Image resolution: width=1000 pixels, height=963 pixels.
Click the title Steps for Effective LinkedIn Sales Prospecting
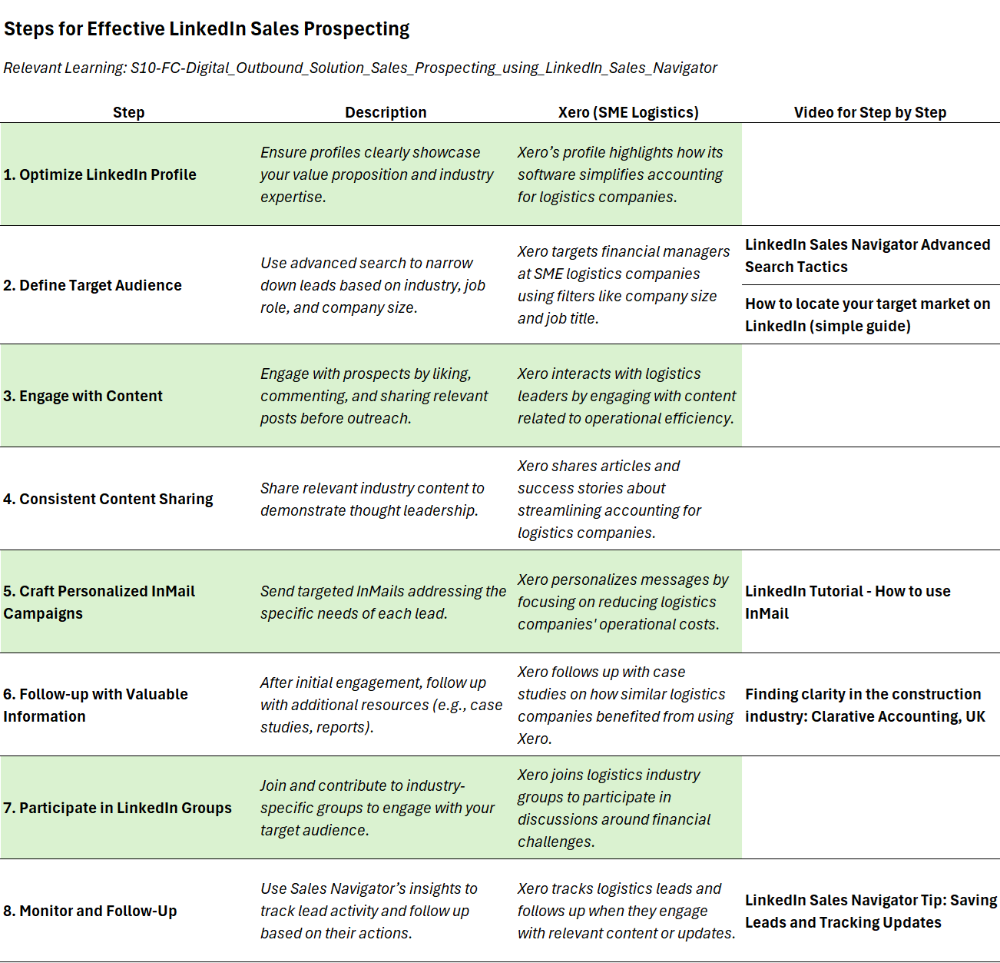coord(207,29)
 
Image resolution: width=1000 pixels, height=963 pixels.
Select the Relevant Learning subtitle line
coord(360,68)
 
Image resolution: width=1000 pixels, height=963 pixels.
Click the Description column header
coord(386,112)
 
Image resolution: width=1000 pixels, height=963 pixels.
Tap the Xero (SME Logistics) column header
coord(628,112)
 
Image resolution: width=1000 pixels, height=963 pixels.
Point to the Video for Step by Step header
coord(869,112)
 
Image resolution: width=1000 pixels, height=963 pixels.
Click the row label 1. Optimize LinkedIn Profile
coord(100,174)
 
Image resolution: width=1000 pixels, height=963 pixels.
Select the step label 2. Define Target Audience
coord(92,285)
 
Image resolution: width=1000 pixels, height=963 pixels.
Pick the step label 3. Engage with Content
coord(83,396)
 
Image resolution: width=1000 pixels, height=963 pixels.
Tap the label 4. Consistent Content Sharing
coord(108,499)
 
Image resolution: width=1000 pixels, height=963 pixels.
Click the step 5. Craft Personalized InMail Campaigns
coord(99,602)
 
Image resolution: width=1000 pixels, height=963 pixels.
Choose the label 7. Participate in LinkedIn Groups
coord(118,808)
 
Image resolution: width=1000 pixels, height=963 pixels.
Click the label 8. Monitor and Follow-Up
coord(90,911)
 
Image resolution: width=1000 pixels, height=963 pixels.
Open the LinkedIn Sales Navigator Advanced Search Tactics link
coord(867,255)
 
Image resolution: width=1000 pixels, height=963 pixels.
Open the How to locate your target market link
coord(867,314)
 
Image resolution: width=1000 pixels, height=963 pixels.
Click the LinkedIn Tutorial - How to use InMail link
coord(847,602)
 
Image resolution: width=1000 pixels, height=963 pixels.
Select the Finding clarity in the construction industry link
coord(865,705)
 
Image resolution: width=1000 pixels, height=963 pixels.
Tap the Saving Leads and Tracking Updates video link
coord(870,911)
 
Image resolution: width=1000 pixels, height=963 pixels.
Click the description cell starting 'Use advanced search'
coord(373,285)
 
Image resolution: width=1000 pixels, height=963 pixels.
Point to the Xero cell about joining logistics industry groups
coord(614,808)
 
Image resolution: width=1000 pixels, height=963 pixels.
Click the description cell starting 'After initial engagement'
coord(381,705)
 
